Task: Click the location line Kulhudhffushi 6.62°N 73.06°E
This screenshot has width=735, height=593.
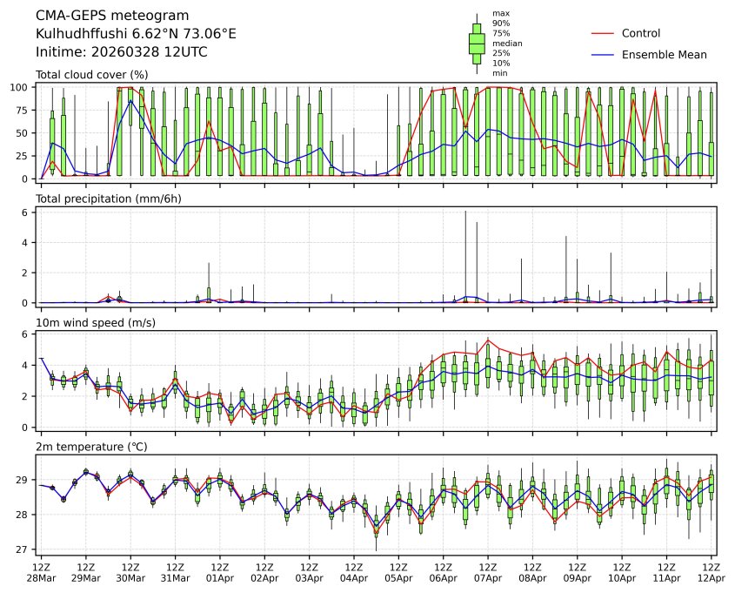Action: pos(136,34)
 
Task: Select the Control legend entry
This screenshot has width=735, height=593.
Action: pos(641,33)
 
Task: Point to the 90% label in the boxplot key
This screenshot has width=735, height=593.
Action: pos(501,24)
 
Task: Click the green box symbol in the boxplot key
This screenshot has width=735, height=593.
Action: pos(477,43)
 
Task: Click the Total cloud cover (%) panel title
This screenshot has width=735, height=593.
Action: pos(91,75)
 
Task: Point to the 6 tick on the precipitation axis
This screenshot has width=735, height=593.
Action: pos(28,212)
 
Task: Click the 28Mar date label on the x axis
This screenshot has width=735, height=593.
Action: pos(41,578)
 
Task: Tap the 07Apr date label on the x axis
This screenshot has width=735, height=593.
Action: pos(488,578)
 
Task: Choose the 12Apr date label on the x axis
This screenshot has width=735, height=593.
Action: pos(712,578)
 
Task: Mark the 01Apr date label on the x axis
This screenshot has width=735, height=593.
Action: pos(220,578)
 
